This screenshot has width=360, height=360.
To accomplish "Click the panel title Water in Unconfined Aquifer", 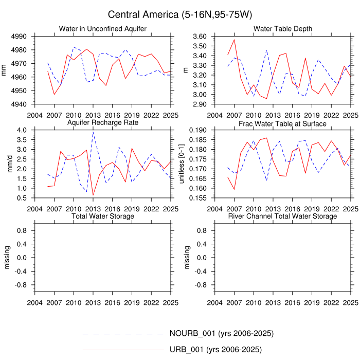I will point(103,28).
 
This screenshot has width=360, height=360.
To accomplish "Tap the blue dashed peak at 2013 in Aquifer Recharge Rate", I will point(93,132).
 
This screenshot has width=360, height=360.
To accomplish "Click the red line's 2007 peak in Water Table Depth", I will point(235,40).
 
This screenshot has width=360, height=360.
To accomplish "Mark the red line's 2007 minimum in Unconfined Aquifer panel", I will point(54,94).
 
